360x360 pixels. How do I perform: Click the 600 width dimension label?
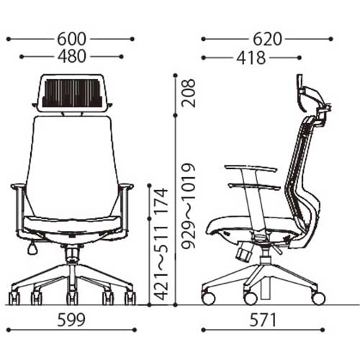(x=71, y=39)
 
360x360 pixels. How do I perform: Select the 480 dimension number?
(x=71, y=56)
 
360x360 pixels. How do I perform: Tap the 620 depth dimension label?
(x=267, y=39)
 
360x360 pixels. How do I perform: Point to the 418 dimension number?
(x=251, y=58)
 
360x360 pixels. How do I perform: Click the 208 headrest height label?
(x=189, y=93)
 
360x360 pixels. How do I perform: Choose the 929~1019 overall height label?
(x=189, y=206)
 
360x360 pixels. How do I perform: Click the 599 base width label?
(x=71, y=320)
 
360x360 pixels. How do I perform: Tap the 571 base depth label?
(x=263, y=320)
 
